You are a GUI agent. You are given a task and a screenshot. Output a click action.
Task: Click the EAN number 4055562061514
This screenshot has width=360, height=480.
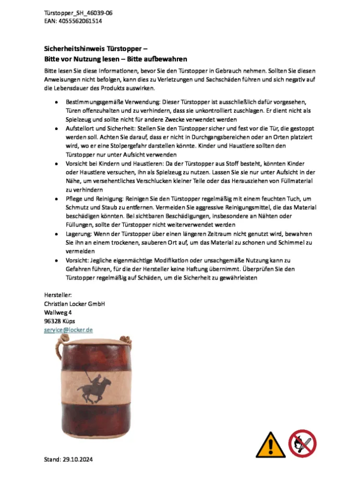[x=80, y=21]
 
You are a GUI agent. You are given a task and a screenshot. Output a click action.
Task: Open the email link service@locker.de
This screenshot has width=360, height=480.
[x=68, y=330]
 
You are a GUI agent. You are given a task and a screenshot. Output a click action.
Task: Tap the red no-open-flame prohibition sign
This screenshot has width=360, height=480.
[x=303, y=443]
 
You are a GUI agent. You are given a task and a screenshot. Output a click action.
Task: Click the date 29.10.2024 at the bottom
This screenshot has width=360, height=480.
[x=79, y=460]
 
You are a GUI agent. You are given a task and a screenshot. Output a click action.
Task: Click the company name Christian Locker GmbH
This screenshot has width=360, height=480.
[x=75, y=304]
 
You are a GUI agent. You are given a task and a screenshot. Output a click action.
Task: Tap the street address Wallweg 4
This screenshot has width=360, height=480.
[x=58, y=312]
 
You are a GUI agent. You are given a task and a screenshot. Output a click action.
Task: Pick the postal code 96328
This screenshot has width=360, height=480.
[x=53, y=321]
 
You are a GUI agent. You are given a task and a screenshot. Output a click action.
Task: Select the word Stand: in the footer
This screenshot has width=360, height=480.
[x=52, y=460]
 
